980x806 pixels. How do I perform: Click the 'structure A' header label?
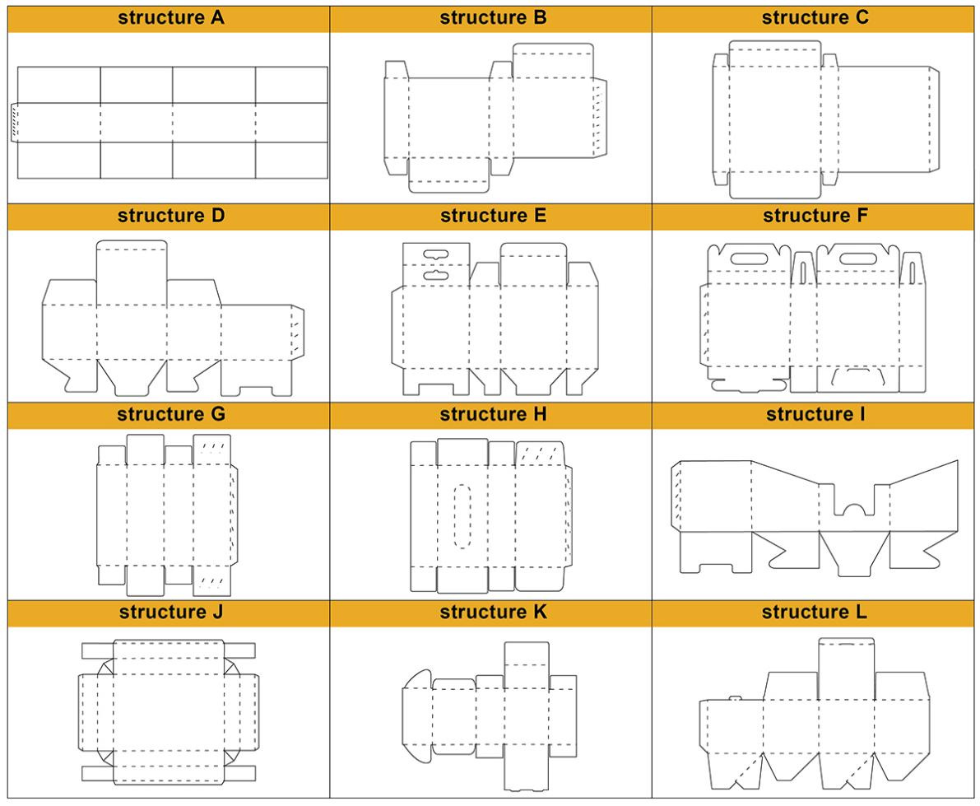(x=170, y=18)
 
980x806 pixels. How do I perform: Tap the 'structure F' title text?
(x=815, y=217)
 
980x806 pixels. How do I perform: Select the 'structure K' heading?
(x=493, y=613)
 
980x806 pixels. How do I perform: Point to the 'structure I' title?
(x=815, y=415)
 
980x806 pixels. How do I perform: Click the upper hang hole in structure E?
(x=436, y=254)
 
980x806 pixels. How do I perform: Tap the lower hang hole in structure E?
(x=436, y=275)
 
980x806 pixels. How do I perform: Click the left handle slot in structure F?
(x=748, y=259)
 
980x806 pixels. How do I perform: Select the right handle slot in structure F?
(x=858, y=259)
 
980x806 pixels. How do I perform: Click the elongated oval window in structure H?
(x=462, y=516)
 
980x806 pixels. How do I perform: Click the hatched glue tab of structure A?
(x=14, y=123)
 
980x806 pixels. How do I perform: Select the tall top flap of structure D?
(x=132, y=273)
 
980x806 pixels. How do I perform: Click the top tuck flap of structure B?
(x=553, y=61)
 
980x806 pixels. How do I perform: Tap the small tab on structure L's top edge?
(x=735, y=698)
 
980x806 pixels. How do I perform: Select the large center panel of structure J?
(x=169, y=712)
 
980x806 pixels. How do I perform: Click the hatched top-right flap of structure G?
(x=211, y=450)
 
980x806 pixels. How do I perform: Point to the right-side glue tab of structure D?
(x=298, y=333)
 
